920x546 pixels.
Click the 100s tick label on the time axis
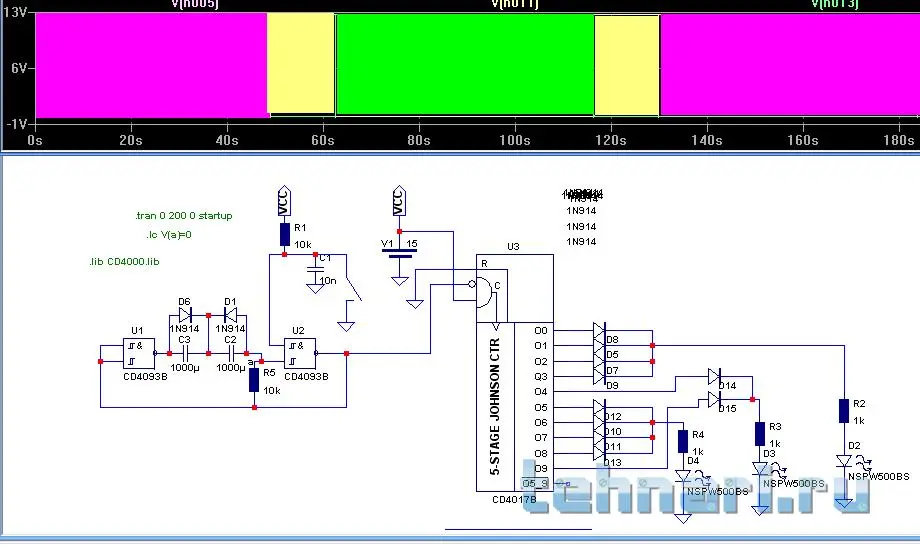coord(514,142)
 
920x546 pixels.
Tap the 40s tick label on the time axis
coord(226,142)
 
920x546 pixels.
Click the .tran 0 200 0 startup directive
coord(183,216)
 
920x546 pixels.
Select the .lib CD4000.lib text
coord(124,262)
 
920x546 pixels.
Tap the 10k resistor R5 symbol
coord(255,380)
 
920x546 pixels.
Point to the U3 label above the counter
coord(513,246)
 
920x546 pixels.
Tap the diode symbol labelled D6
coord(184,315)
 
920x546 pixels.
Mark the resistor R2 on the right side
coord(845,410)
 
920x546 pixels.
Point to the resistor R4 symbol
coord(683,440)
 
